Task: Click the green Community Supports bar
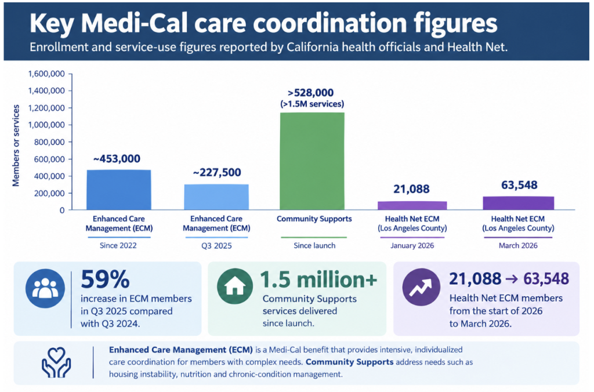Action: pos(312,161)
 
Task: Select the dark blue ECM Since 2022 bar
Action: pos(118,190)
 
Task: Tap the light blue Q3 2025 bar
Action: pos(216,197)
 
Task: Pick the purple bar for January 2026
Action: pos(412,206)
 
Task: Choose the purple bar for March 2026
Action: pos(518,203)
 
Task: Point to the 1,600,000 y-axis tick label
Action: pos(46,74)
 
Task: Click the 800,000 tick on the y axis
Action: pos(49,142)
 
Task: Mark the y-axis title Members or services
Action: pos(16,146)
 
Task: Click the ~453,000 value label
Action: pos(117,159)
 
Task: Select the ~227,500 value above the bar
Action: pos(217,173)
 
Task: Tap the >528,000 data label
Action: pos(311,93)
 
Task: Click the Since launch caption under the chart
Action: pos(314,245)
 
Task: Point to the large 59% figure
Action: pos(105,279)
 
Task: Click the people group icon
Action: pos(45,288)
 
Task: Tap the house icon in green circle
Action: pos(235,286)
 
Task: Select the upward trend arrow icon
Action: pos(421,287)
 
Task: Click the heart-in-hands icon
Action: pos(56,363)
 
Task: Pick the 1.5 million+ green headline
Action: pos(318,280)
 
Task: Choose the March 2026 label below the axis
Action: pos(518,245)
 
